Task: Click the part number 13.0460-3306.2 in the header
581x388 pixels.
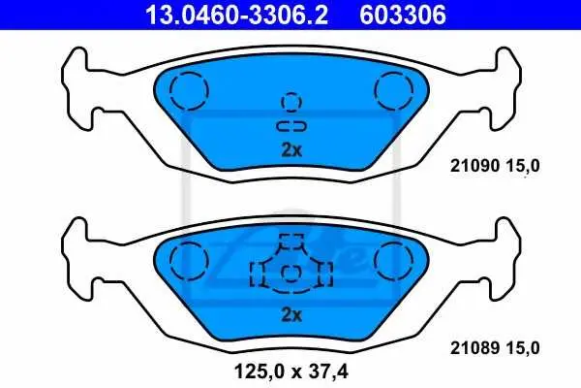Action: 236,15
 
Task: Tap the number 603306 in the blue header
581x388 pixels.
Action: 403,15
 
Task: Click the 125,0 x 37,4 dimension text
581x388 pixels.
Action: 291,371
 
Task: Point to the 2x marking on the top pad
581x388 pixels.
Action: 291,150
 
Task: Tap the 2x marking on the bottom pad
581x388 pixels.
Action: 291,315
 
